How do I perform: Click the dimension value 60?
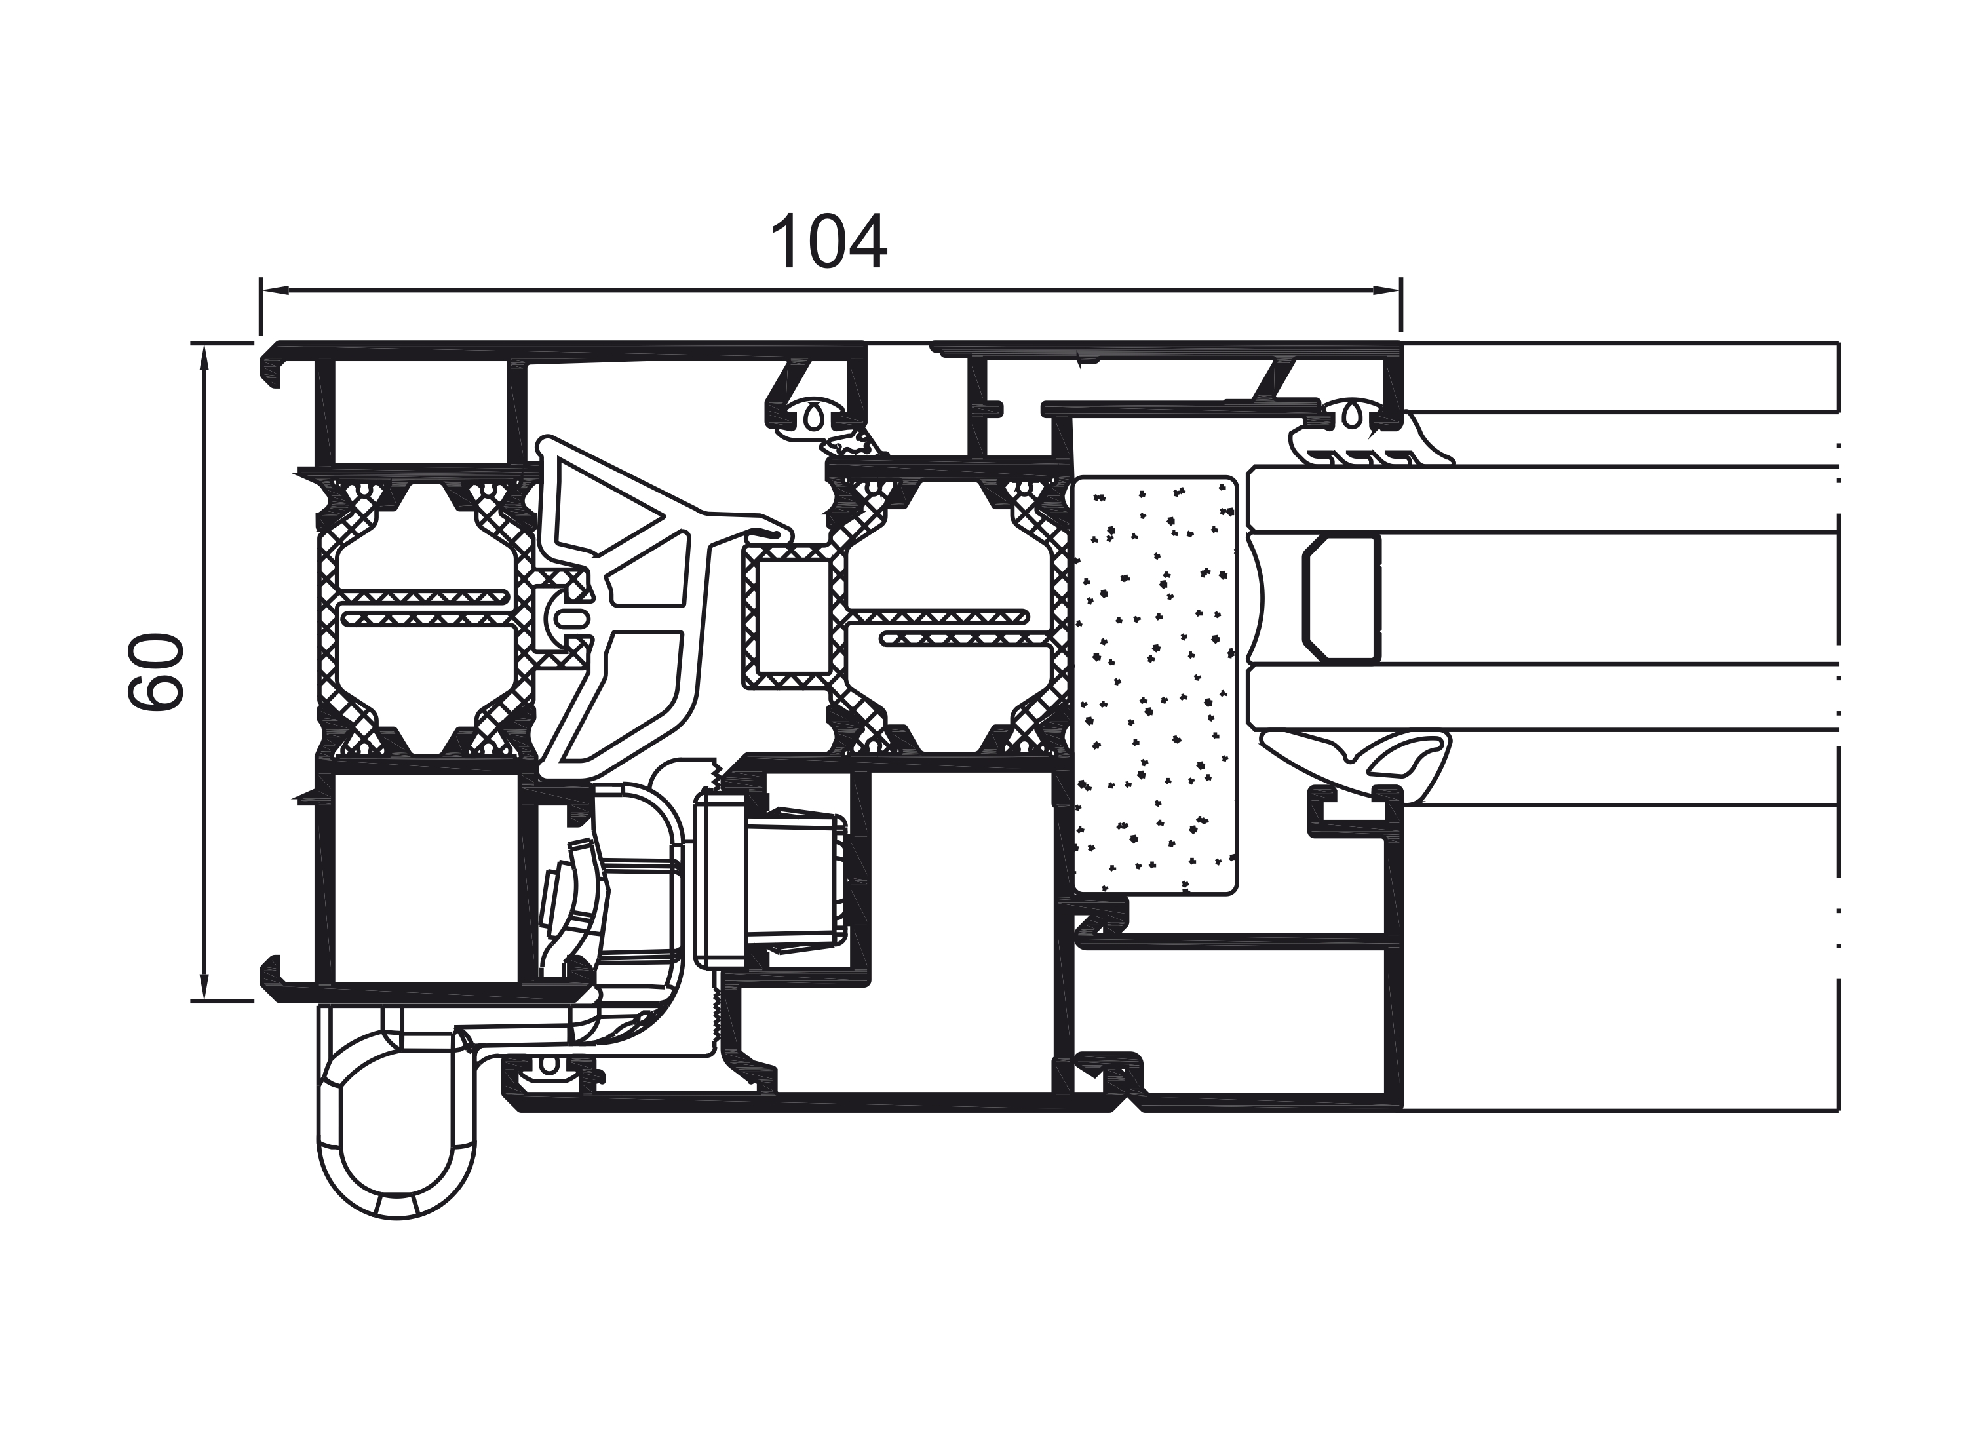click(157, 672)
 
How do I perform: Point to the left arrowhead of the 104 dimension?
click(271, 290)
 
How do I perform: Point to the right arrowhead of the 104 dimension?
click(1389, 290)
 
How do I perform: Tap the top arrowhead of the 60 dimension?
click(204, 355)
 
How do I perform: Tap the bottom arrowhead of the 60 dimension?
click(204, 988)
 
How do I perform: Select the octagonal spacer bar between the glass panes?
click(1340, 598)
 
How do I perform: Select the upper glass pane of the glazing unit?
click(1543, 499)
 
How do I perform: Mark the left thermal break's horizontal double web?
click(425, 608)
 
